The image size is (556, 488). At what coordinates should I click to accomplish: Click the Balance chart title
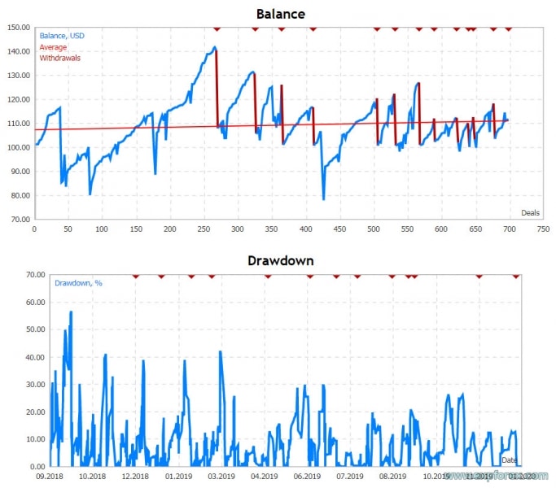point(281,14)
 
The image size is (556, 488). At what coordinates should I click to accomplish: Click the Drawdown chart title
point(281,261)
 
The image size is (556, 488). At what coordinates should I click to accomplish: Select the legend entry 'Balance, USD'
point(63,36)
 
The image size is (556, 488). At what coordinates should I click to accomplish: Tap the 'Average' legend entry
point(53,47)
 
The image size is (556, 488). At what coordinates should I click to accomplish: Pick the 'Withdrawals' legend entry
point(60,58)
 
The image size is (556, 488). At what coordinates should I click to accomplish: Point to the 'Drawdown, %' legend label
point(77,283)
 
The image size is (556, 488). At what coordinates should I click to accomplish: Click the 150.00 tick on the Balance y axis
point(19,27)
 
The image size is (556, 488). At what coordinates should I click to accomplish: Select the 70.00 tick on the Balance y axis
point(19,220)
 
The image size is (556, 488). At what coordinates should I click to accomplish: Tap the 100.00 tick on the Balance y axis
point(19,147)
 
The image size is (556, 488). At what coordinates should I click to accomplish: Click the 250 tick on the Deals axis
point(204,229)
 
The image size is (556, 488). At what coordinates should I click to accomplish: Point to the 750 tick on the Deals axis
point(543,229)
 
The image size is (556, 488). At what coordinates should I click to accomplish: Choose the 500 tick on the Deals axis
point(373,229)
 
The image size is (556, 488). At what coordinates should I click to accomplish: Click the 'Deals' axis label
point(530,213)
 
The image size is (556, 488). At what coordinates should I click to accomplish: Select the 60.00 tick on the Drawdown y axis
point(19,302)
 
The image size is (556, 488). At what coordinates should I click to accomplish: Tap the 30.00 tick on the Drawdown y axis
point(19,384)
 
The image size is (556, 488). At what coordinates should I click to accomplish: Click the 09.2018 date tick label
point(49,477)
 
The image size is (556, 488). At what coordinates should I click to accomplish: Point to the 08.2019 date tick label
point(392,477)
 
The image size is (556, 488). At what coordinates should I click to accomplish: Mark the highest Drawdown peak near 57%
point(71,312)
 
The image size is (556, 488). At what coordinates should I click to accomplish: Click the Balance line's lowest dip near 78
point(323,199)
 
